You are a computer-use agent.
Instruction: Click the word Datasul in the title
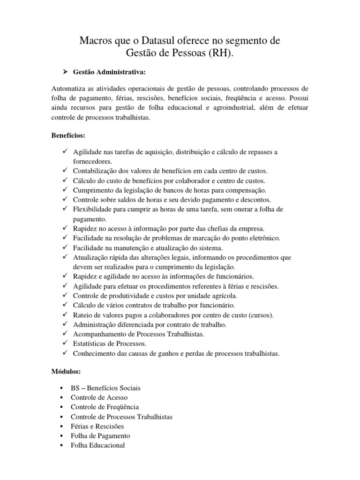point(170,41)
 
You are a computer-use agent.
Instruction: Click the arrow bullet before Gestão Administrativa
point(66,72)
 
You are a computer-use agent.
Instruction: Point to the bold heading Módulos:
point(66,371)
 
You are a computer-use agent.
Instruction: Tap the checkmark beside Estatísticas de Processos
point(64,343)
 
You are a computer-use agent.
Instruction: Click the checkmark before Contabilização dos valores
point(64,171)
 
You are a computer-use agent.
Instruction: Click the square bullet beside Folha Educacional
point(62,445)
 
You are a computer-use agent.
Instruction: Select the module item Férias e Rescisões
point(97,426)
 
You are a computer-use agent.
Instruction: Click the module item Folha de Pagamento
point(100,435)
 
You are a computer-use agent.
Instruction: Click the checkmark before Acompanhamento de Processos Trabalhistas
point(64,334)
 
